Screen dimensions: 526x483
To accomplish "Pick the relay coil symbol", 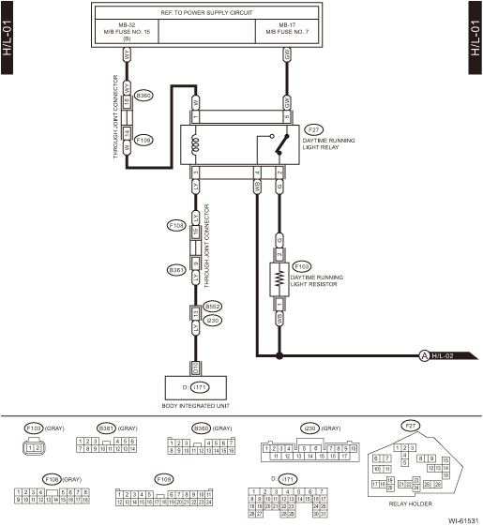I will pyautogui.click(x=196, y=145).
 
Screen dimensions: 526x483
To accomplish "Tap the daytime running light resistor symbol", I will pyautogui.click(x=279, y=279).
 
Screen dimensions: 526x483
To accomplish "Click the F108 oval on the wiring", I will pyautogui.click(x=175, y=226).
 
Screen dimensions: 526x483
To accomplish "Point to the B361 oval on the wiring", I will pyautogui.click(x=175, y=270).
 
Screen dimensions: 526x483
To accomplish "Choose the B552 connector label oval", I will pyautogui.click(x=213, y=306).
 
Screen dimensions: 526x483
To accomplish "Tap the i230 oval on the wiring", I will pyautogui.click(x=211, y=320).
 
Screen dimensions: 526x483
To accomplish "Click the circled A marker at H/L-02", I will pyautogui.click(x=423, y=355).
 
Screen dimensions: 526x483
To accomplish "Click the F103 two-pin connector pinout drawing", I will pyautogui.click(x=35, y=448).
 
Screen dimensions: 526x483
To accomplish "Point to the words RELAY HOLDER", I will pyautogui.click(x=410, y=503).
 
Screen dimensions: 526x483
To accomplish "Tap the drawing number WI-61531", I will pyautogui.click(x=462, y=518).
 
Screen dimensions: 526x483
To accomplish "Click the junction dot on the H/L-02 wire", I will pyautogui.click(x=279, y=355).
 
